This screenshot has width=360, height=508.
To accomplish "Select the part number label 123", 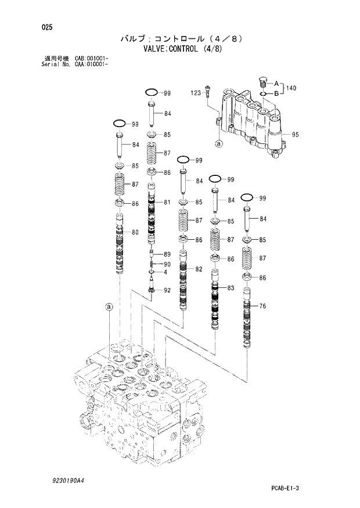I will [195, 93].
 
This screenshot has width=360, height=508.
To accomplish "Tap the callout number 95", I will [295, 135].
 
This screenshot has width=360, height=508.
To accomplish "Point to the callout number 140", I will [291, 88].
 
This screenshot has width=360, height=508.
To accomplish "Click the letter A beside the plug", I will [276, 83].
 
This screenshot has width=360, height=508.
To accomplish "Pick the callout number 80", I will [135, 233].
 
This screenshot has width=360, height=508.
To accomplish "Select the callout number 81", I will [167, 202].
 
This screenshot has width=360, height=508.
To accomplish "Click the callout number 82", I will [199, 269].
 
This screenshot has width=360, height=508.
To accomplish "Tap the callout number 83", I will [231, 288].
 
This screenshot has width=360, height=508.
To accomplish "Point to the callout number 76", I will [262, 307].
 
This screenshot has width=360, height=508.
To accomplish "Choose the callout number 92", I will [167, 290].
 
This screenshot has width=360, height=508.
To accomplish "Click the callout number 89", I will [167, 254].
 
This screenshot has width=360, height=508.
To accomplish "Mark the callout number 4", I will [165, 272].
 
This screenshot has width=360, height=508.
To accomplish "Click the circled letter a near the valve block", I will [108, 306].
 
